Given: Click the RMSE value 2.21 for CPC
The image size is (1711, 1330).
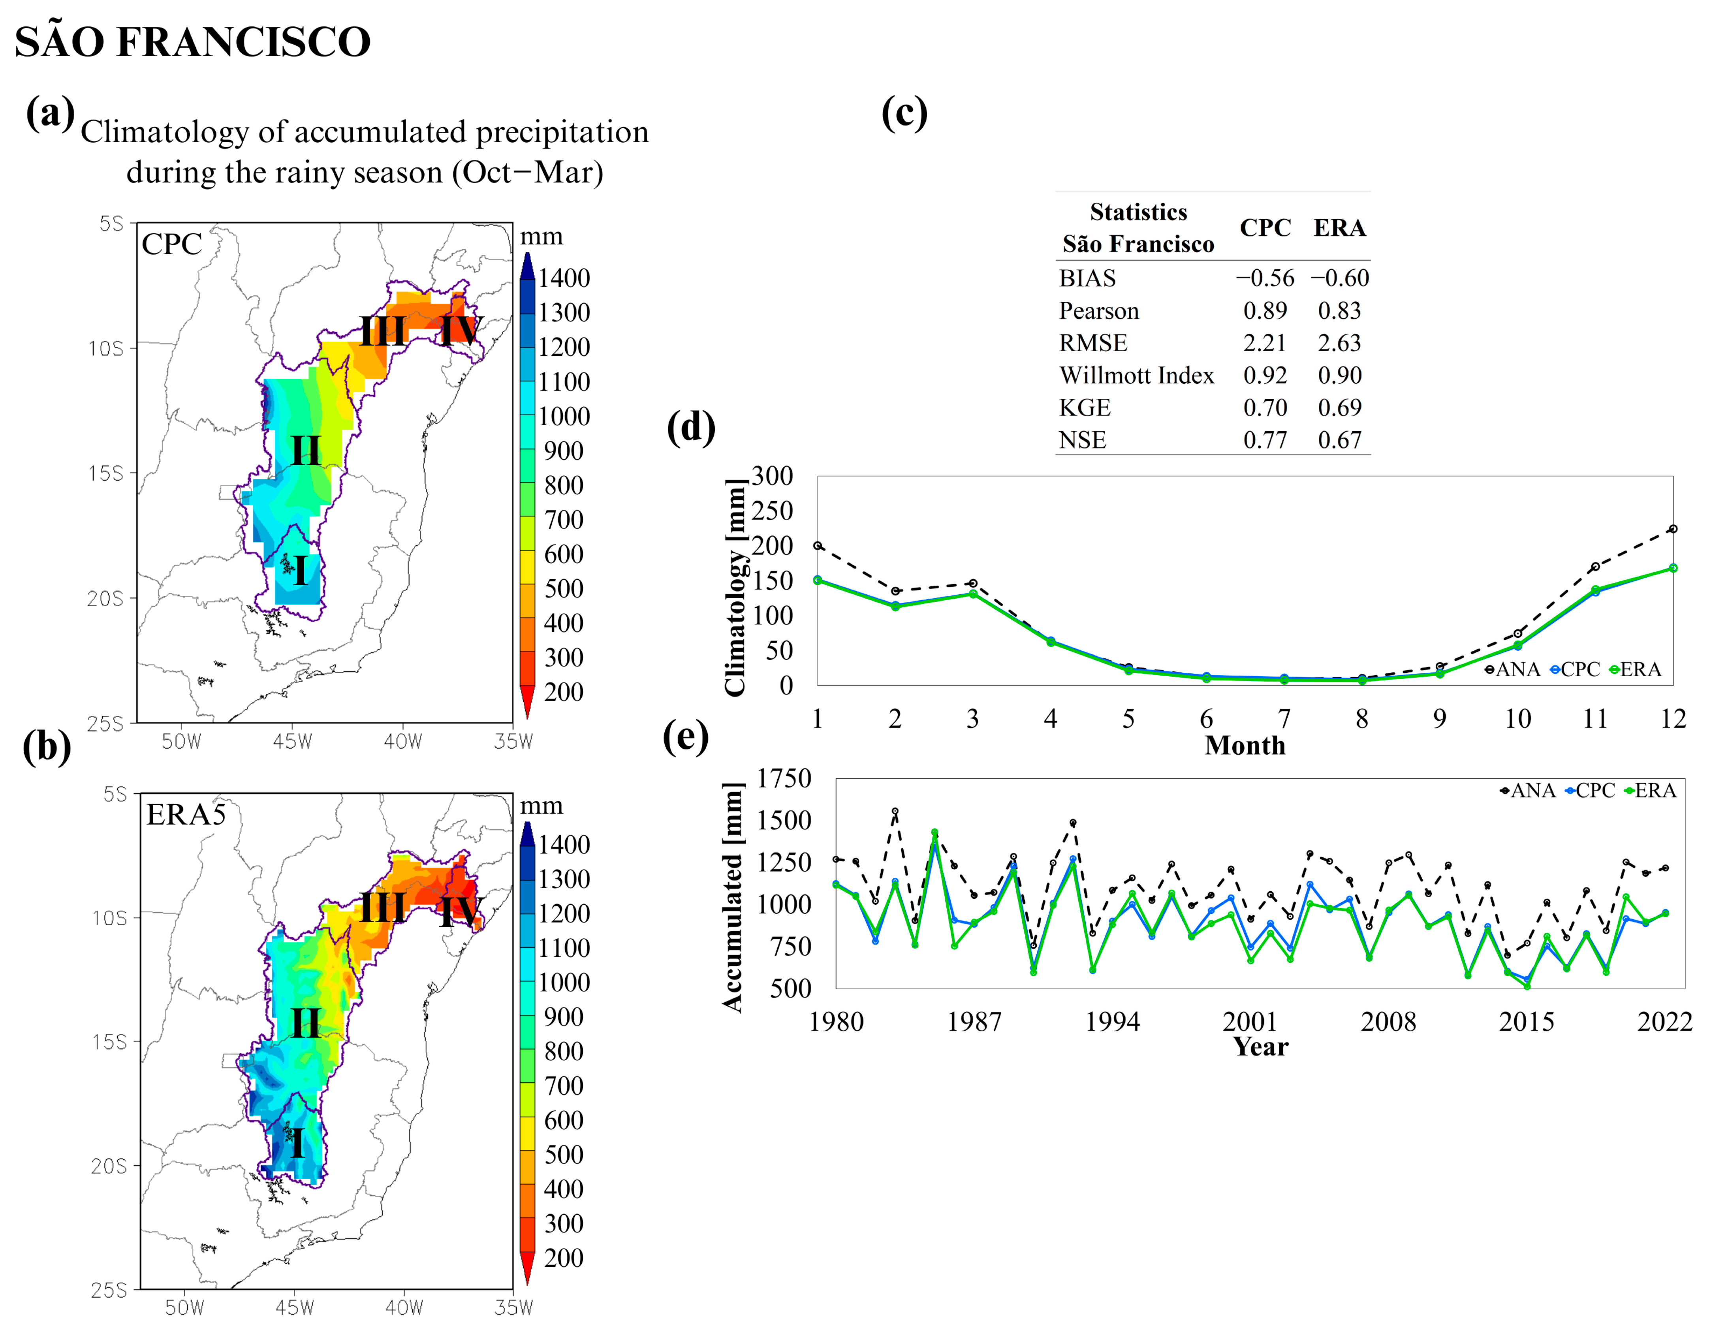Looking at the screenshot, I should [x=1264, y=343].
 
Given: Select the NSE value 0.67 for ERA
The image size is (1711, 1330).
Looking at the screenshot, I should [x=1339, y=440].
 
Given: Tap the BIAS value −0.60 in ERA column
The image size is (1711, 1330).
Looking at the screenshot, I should [x=1340, y=278].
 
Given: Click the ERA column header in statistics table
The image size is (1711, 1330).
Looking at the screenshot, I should [x=1339, y=228].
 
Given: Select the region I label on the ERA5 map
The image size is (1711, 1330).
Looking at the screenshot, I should [x=297, y=1144].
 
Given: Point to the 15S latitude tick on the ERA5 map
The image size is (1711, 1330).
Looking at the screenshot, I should [x=110, y=1042].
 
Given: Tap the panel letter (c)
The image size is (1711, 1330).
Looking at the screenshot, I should [x=904, y=114].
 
